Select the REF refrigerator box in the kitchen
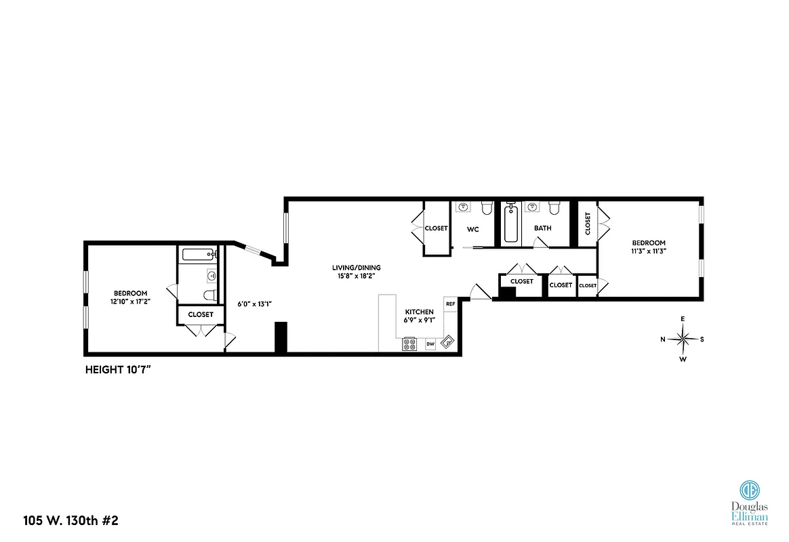(x=449, y=304)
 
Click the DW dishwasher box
(x=430, y=344)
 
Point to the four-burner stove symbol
(x=409, y=343)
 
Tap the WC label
(x=472, y=229)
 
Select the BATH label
(x=542, y=228)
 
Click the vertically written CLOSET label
(x=587, y=224)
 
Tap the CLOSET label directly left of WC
(x=436, y=228)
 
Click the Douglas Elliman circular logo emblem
(x=749, y=489)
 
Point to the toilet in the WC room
(x=486, y=207)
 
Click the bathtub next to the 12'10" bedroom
(x=198, y=255)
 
